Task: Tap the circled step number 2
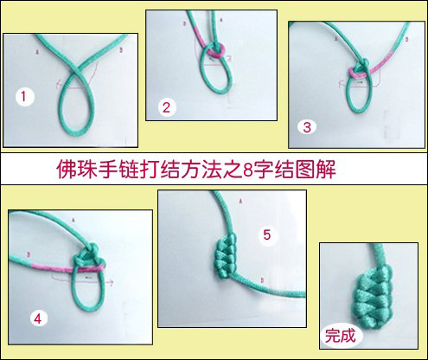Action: [x=167, y=107]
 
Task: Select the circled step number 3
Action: [x=307, y=126]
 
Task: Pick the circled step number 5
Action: [x=267, y=235]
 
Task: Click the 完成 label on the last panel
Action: [x=339, y=332]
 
